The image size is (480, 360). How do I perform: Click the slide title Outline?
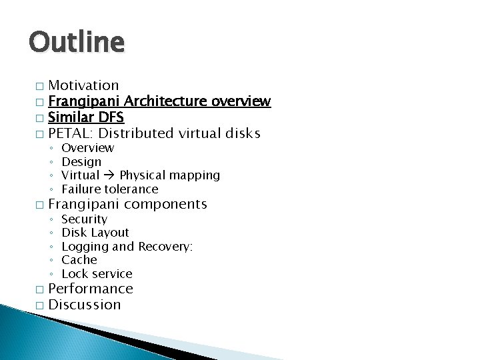point(76,42)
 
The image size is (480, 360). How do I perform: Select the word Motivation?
point(83,85)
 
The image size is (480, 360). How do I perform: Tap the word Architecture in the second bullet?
point(166,101)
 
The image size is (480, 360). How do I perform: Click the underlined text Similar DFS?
point(86,117)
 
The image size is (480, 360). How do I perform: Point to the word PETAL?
point(69,133)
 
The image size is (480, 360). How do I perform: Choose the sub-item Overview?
point(87,147)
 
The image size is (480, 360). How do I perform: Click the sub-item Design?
point(81,161)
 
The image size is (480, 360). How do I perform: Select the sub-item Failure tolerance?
point(109,189)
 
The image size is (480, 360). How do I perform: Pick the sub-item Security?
point(84,219)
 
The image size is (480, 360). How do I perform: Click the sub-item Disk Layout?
point(95,232)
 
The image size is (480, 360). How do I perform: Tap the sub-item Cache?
point(79,259)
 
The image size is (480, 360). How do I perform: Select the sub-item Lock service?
point(97,273)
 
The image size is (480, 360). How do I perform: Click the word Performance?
point(91,289)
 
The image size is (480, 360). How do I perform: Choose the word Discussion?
point(85,305)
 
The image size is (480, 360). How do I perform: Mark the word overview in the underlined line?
point(241,101)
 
